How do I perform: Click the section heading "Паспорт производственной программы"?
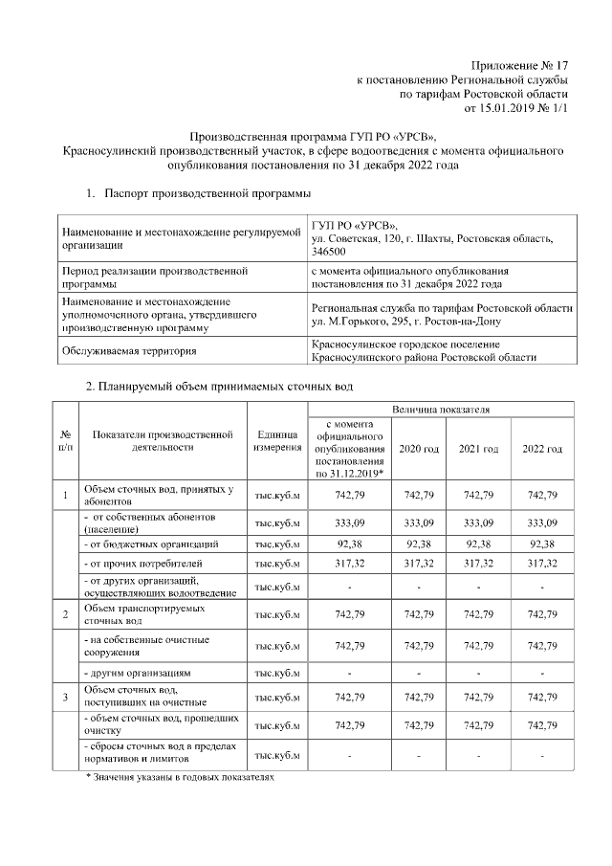click(208, 194)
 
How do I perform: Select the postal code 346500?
click(328, 252)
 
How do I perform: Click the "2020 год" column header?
click(419, 449)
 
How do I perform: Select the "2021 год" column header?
click(479, 449)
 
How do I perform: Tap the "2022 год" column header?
click(541, 449)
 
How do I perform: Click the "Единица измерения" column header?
click(278, 441)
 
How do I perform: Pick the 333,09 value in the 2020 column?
click(419, 522)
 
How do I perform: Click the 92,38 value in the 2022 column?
click(541, 544)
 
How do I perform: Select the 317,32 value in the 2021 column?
click(479, 565)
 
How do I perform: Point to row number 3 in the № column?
click(65, 696)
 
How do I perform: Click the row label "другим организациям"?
click(143, 673)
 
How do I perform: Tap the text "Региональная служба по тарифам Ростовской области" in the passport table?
click(442, 308)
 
